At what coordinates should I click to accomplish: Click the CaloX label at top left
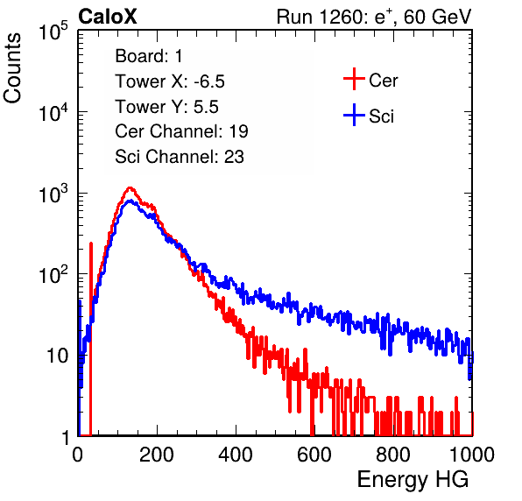tap(107, 17)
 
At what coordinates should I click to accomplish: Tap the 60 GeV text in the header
tap(438, 17)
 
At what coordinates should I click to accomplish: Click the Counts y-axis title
tap(12, 68)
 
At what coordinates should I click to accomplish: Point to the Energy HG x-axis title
tap(413, 480)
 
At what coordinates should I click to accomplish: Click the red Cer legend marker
tap(354, 79)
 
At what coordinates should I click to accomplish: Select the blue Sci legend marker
tap(354, 115)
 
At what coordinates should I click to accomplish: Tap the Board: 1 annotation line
tap(149, 56)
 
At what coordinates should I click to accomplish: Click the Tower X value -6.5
tap(209, 81)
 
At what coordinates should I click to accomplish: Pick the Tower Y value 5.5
tap(206, 107)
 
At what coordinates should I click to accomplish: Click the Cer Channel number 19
tap(238, 131)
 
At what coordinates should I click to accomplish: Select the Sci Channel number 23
tap(234, 157)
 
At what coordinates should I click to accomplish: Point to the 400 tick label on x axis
tap(236, 455)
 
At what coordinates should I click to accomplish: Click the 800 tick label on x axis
tap(393, 455)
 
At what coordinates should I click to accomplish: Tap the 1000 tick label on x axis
tap(472, 455)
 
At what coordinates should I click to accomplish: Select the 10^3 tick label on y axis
tap(53, 194)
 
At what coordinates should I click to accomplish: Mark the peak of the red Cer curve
tap(130, 188)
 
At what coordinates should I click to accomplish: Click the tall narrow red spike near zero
tap(91, 339)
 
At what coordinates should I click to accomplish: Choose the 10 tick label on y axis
tap(57, 356)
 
